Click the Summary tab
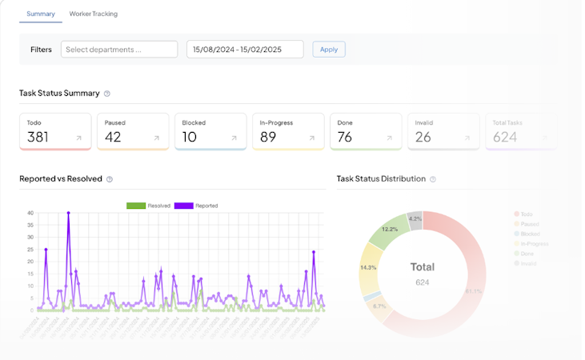click(x=40, y=14)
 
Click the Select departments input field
click(x=119, y=50)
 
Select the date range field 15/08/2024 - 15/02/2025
click(x=245, y=50)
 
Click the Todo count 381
click(x=38, y=137)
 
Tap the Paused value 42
click(x=113, y=137)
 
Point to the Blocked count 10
click(x=189, y=137)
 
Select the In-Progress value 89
click(x=268, y=137)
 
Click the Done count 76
click(x=345, y=137)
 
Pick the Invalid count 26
click(x=423, y=137)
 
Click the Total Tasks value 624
click(x=505, y=137)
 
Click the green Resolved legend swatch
click(x=136, y=206)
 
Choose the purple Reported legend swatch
click(x=183, y=206)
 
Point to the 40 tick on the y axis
click(x=30, y=214)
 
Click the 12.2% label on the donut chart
click(x=390, y=229)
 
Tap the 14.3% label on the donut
click(x=369, y=267)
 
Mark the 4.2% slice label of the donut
click(x=415, y=218)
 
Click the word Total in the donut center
click(x=423, y=267)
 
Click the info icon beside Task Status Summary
click(x=107, y=94)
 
